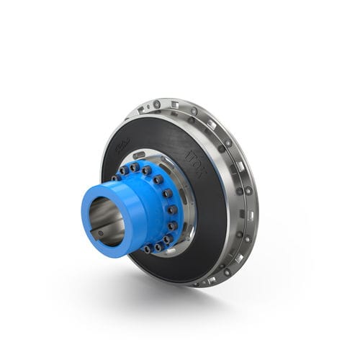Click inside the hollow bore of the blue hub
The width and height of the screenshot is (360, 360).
pyautogui.click(x=108, y=220)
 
